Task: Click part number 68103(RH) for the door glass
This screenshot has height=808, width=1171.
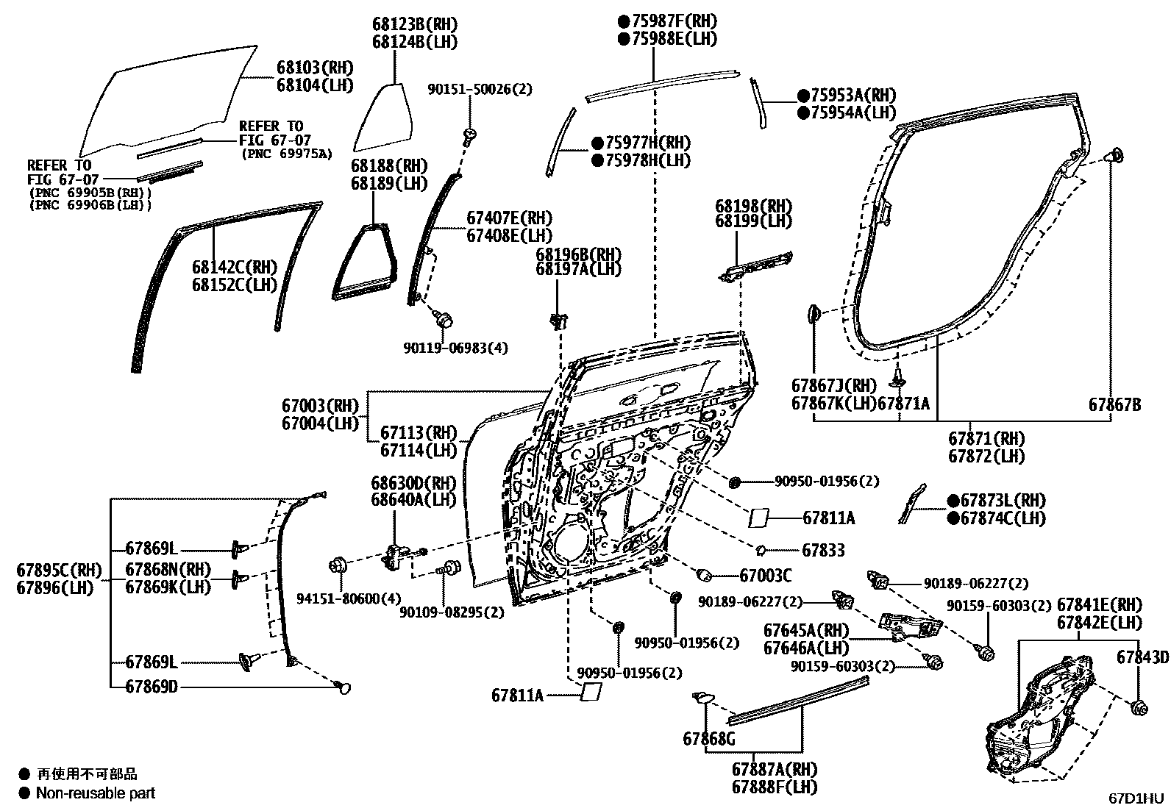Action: (x=314, y=67)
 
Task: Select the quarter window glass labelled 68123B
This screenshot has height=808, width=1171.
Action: (x=381, y=118)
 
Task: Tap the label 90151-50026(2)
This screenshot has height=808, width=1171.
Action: (x=480, y=89)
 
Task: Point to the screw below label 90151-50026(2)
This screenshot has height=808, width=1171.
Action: (x=469, y=135)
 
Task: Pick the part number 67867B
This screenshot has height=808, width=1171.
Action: (x=1114, y=404)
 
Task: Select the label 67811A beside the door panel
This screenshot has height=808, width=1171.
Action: (x=828, y=518)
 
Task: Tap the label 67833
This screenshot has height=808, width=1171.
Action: (x=823, y=550)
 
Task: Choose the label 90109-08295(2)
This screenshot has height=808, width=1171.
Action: (x=452, y=612)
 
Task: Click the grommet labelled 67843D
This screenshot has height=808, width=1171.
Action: (x=1139, y=708)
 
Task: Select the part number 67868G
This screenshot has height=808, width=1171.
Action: (x=708, y=739)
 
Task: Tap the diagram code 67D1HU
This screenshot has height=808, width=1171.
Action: (x=1137, y=798)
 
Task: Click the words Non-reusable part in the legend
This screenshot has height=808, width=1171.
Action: (x=96, y=793)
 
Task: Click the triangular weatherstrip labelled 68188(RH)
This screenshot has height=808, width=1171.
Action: (x=364, y=261)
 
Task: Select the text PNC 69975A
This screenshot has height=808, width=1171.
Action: (x=287, y=154)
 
